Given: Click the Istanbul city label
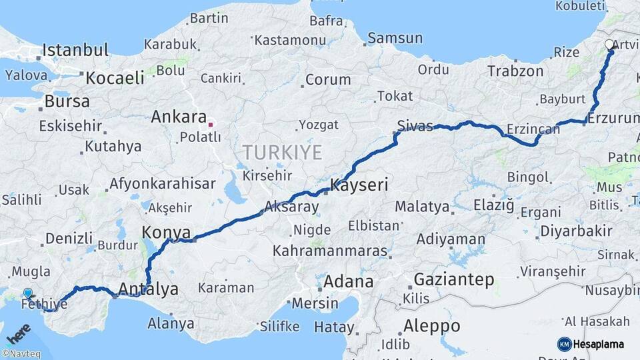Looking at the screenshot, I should click(75, 50).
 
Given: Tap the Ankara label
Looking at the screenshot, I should click(179, 117).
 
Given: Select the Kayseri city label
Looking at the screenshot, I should click(359, 185).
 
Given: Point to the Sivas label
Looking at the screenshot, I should click(415, 125).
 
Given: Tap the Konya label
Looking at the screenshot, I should click(166, 233).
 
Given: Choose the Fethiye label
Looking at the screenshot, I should click(45, 305).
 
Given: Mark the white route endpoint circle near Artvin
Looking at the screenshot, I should click(609, 45).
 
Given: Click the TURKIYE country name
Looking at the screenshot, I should click(283, 152).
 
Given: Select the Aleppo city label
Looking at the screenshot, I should click(431, 326).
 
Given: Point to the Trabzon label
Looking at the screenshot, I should click(515, 71).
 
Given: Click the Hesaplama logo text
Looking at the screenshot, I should click(595, 344).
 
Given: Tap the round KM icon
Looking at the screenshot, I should click(564, 344).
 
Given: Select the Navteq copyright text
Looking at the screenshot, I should click(21, 354).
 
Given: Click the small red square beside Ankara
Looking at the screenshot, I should click(211, 124).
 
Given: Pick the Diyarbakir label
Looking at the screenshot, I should click(576, 231).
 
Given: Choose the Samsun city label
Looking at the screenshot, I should click(395, 39).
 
